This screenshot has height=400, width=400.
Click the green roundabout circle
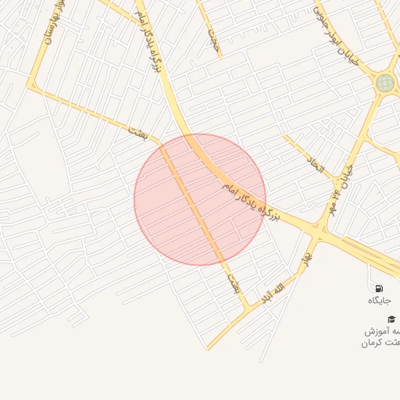tap(384, 83)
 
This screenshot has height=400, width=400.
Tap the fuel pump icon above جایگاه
tap(379, 288)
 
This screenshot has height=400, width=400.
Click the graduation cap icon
tap(391, 318)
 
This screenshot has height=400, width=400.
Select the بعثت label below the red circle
tap(233, 282)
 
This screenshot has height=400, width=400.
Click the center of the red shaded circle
tap(200, 199)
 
